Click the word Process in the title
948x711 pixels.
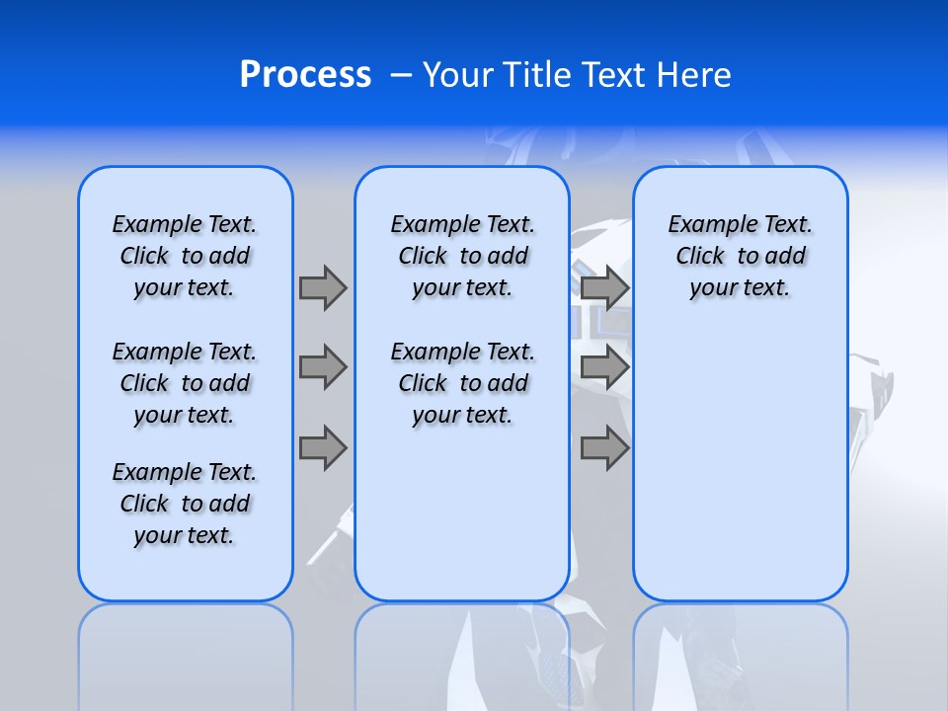(305, 75)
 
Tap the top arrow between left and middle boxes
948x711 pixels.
(323, 287)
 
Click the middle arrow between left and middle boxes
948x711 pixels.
(323, 367)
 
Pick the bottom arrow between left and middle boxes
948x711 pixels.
(323, 448)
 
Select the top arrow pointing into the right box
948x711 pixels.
(604, 287)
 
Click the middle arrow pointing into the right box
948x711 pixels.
(604, 367)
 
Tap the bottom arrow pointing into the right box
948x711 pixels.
(604, 448)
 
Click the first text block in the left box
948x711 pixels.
(185, 256)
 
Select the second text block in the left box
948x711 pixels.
(185, 383)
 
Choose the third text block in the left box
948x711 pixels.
(185, 504)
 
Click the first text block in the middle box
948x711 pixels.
(462, 256)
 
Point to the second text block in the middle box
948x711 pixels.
(462, 383)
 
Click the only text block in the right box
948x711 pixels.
(741, 256)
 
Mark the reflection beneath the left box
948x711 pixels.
(186, 652)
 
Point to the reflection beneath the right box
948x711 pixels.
(741, 652)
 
